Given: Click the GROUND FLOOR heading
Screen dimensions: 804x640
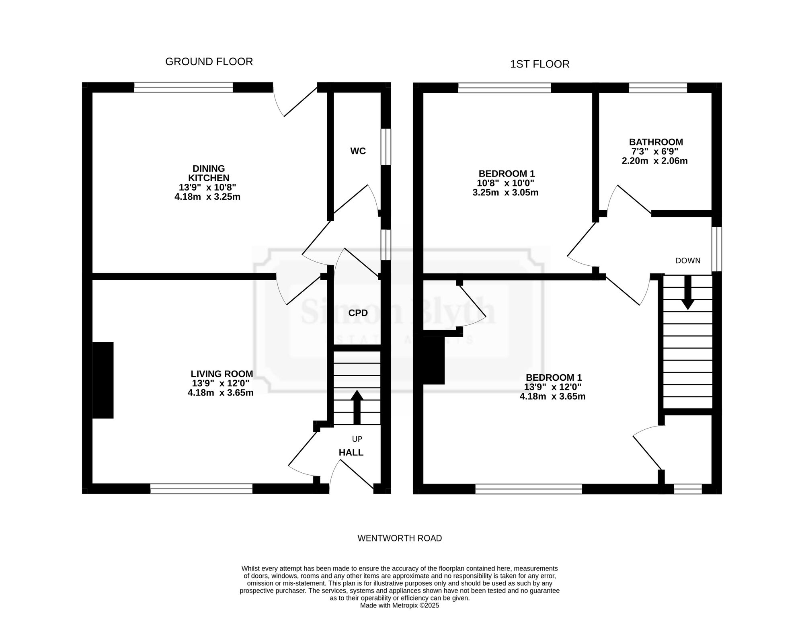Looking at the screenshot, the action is tap(209, 62).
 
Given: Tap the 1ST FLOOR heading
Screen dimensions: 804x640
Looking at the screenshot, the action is tap(540, 64).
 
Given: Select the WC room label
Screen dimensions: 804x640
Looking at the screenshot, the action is tap(358, 151).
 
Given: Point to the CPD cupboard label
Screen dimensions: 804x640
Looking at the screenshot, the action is tap(358, 313).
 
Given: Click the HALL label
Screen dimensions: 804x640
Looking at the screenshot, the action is tap(351, 453).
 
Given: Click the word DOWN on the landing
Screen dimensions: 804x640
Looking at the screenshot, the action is tap(688, 261).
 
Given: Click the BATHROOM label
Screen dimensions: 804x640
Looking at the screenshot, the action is tap(656, 142).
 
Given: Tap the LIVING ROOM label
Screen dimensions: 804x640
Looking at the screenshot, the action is tap(222, 374).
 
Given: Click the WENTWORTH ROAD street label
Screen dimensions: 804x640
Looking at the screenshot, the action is tap(400, 538).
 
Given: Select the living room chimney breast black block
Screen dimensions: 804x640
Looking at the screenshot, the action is tap(103, 380).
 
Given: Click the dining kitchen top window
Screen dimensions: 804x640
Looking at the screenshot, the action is tap(183, 87).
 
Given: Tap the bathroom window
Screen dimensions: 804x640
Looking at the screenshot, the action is tap(658, 87).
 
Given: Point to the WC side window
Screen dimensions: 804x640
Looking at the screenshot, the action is tap(386, 147).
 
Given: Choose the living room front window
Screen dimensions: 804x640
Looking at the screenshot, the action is tap(201, 488).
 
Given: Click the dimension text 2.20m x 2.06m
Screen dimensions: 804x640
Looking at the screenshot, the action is tap(655, 161).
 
